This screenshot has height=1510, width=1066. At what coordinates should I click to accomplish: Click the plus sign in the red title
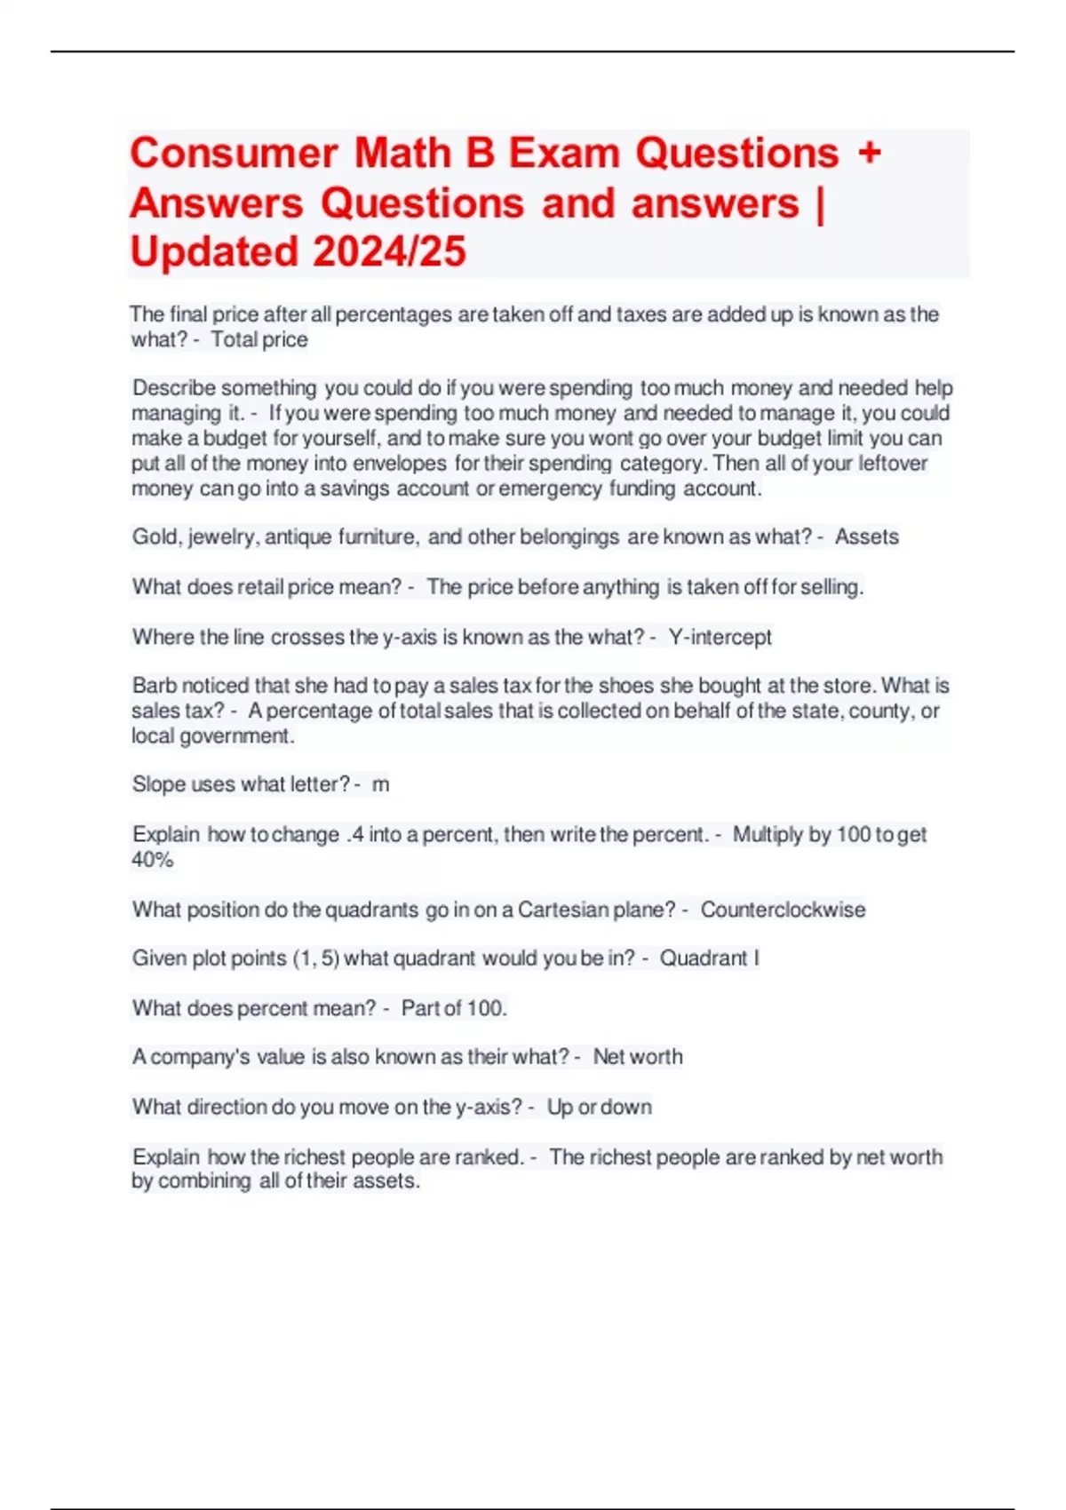click(869, 153)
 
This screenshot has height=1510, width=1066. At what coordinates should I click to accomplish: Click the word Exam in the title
click(564, 153)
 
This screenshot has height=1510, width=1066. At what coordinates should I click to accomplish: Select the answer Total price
click(259, 339)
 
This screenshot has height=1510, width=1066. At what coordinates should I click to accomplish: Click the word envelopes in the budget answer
click(399, 463)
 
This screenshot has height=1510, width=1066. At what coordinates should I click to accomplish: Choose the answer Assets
click(866, 536)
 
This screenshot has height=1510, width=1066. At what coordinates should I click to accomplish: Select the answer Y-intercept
click(720, 637)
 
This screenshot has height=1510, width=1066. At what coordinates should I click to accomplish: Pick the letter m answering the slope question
click(380, 784)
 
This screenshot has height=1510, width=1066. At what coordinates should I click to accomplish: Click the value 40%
click(153, 859)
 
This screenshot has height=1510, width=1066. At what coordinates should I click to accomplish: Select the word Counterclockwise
click(783, 910)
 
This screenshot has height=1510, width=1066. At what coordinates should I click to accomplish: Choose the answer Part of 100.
click(453, 1008)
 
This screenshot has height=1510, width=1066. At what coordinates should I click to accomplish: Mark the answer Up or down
click(600, 1107)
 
